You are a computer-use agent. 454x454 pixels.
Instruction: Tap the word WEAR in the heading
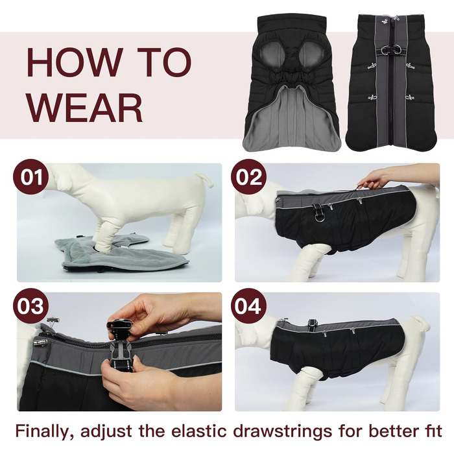point(84,108)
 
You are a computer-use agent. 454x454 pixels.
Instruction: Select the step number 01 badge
point(31,176)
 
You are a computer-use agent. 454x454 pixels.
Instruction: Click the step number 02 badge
point(248,176)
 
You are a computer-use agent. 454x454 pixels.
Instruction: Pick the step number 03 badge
point(31,305)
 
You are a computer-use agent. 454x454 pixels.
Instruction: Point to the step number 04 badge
point(248,305)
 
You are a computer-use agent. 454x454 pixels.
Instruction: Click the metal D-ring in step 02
point(319,217)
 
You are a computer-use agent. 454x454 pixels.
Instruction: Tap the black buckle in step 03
point(122,346)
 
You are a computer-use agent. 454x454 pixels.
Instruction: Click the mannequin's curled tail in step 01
point(205,180)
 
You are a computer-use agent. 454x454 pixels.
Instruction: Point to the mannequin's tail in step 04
point(420,323)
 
